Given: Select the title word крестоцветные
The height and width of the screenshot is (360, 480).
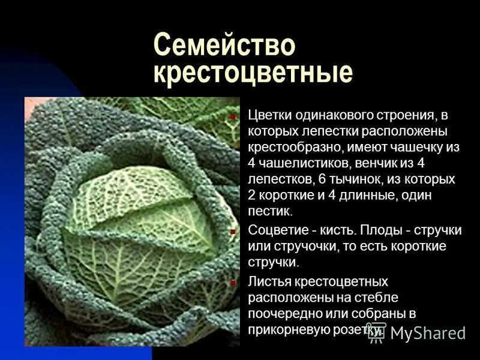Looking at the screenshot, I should (x=253, y=73).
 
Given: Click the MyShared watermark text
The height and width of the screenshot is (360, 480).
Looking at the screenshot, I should (x=428, y=333).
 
